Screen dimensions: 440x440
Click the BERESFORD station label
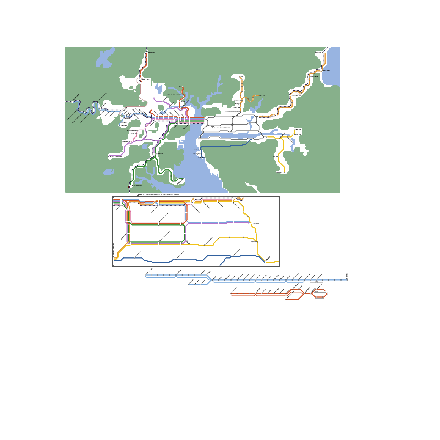click(x=152, y=53)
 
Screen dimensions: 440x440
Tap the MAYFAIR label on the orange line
click(x=263, y=95)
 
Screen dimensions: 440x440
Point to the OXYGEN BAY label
click(x=327, y=71)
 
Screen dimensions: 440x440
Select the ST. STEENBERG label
click(x=137, y=186)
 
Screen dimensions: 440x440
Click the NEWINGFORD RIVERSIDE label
click(x=174, y=94)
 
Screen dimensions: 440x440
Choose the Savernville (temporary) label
click(x=84, y=118)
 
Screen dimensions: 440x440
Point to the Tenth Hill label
click(x=197, y=149)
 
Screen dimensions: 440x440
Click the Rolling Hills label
click(x=298, y=134)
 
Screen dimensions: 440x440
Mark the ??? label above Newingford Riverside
click(x=180, y=87)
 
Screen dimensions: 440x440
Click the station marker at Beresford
click(x=147, y=53)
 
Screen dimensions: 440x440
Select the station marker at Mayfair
click(x=259, y=95)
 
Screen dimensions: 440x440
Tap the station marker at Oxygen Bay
click(x=323, y=71)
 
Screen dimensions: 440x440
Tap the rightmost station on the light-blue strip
click(x=347, y=280)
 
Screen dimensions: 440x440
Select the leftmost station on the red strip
click(x=231, y=294)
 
